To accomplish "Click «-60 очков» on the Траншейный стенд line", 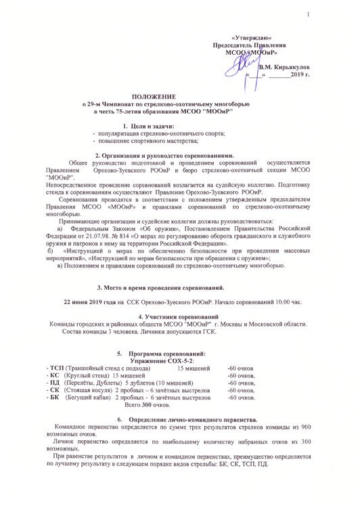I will (241, 367).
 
